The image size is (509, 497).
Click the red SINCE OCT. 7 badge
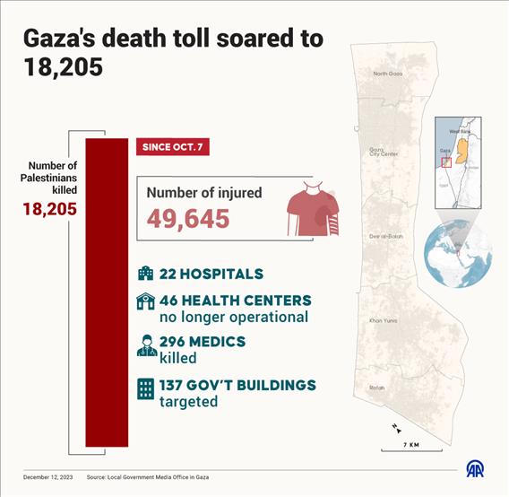click(173, 146)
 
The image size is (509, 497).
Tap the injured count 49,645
click(188, 218)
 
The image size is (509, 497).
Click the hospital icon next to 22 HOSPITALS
click(145, 274)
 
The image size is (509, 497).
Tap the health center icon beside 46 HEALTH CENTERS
click(145, 301)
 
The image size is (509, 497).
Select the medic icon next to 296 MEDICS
click(145, 344)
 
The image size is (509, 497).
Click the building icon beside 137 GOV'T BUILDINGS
click(145, 387)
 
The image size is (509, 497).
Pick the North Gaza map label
click(387, 74)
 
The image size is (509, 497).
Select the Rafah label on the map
click(377, 388)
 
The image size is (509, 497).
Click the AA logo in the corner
click(476, 467)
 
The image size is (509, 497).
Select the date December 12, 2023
click(48, 476)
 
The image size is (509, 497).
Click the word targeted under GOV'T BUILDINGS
click(188, 401)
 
